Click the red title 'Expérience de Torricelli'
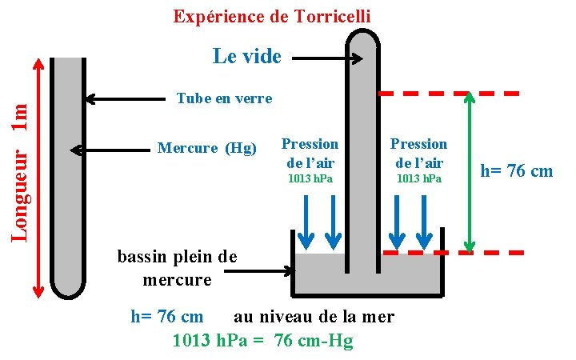pyautogui.click(x=272, y=16)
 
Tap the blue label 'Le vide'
pyautogui.click(x=247, y=56)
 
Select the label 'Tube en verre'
pyautogui.click(x=224, y=98)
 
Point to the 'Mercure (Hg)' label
pyautogui.click(x=207, y=148)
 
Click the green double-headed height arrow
pyautogui.click(x=470, y=172)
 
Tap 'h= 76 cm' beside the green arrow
pyautogui.click(x=516, y=170)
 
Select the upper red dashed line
pyautogui.click(x=448, y=93)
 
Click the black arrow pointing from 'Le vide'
pyautogui.click(x=328, y=58)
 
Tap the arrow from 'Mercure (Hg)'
pyautogui.click(x=112, y=150)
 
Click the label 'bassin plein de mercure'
pyautogui.click(x=177, y=269)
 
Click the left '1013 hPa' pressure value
pyautogui.click(x=310, y=178)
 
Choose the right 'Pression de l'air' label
pyautogui.click(x=418, y=152)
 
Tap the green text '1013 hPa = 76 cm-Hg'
pyautogui.click(x=262, y=341)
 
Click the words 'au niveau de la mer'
pyautogui.click(x=314, y=317)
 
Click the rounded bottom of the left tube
pyautogui.click(x=67, y=286)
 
